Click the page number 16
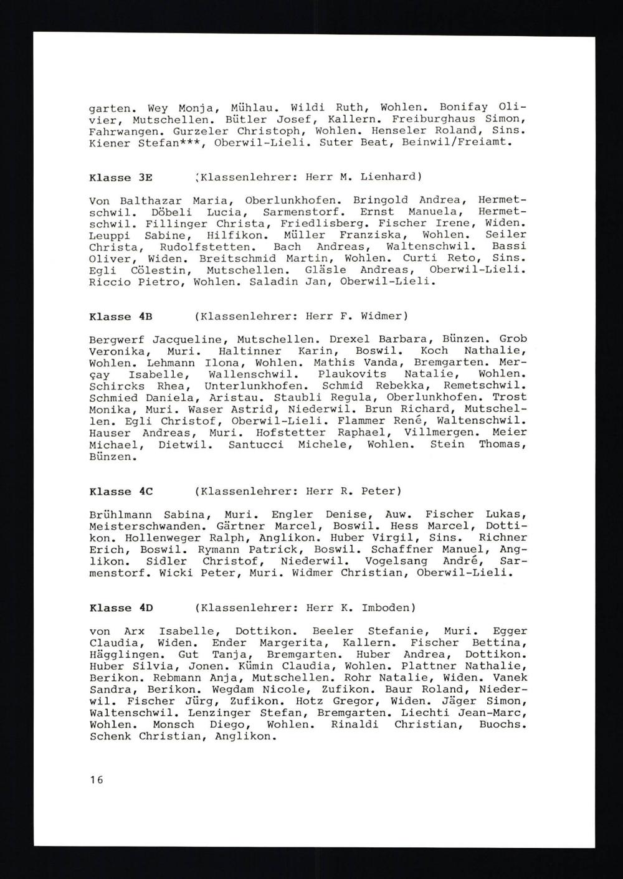click(96, 779)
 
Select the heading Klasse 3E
click(121, 177)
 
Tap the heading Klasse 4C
click(121, 492)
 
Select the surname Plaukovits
click(352, 374)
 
